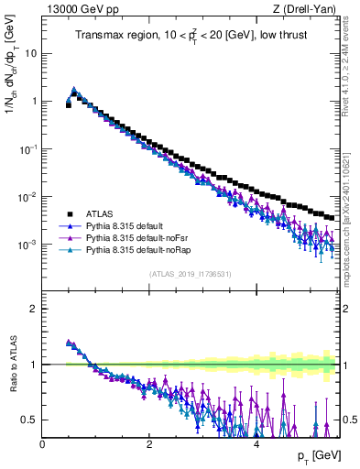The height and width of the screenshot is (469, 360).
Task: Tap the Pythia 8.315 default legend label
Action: point(123,224)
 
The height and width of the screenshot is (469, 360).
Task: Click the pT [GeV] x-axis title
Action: point(313,456)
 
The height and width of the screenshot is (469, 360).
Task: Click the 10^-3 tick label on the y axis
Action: point(27,245)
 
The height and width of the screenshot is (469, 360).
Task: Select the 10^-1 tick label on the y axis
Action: point(27,148)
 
